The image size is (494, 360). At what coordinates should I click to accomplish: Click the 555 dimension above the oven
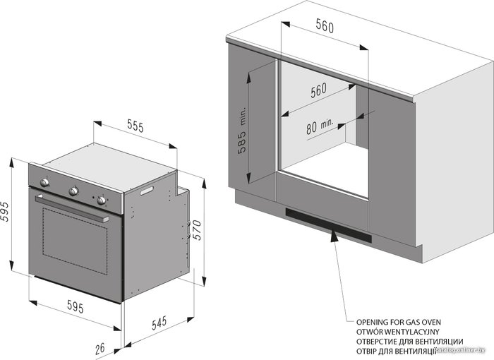pos(135,126)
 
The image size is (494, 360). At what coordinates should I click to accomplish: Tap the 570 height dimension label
pos(197,230)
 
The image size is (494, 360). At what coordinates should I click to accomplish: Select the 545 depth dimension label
pos(159,323)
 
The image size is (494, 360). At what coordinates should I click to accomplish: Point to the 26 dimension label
pos(100,348)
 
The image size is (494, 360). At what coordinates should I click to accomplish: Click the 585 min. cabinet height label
pos(243,131)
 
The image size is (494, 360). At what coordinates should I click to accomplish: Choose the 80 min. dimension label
pos(319,126)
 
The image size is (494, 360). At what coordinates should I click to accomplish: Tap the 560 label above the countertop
pos(325,26)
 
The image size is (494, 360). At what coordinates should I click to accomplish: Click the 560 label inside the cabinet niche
pos(318,90)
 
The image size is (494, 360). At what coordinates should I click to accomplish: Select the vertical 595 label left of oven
pos(5,211)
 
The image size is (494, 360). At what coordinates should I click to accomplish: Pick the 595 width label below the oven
pos(76,306)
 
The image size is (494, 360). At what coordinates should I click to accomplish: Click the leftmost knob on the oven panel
pos(44,182)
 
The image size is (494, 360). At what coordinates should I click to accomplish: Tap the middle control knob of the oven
pos(73,191)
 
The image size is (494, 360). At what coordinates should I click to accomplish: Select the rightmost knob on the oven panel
pos(102,200)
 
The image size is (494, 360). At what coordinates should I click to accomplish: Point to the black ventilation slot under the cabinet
pos(328,225)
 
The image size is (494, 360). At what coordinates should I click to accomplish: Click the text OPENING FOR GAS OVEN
pos(399,322)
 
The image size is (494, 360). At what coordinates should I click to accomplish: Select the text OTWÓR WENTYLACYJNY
pos(397,332)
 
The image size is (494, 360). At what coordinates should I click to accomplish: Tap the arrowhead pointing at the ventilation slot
pos(334,235)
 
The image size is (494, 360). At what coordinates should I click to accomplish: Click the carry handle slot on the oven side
pos(147,191)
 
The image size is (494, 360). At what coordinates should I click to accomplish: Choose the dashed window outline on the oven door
pos(75,241)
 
